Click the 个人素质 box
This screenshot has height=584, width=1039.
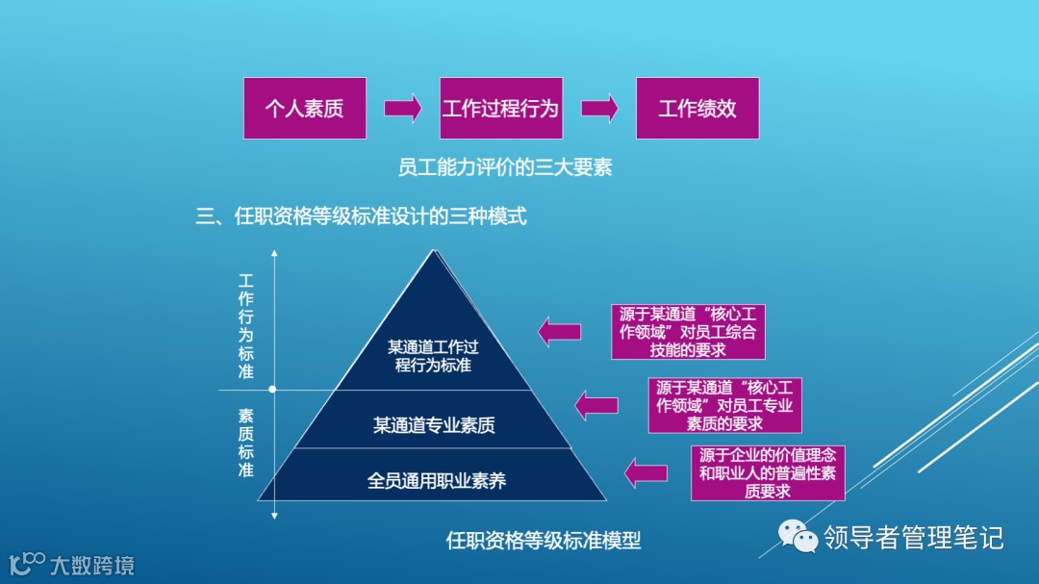[x=304, y=108]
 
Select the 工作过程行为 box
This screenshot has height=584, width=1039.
[x=500, y=108]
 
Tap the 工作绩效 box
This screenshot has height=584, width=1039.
[x=697, y=108]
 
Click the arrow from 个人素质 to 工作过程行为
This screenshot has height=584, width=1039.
[x=402, y=107]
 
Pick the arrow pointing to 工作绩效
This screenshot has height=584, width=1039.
[x=598, y=107]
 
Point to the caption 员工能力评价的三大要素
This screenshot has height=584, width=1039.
[x=505, y=167]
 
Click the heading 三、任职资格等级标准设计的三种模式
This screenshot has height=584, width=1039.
[x=362, y=216]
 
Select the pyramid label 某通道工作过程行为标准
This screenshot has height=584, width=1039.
[x=433, y=356]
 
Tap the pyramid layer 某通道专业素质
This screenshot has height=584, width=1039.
[x=434, y=424]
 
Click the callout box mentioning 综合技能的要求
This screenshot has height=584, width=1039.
[x=688, y=332]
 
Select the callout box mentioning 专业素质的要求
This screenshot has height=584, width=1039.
[x=724, y=405]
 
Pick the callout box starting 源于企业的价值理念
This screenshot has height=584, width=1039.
[x=767, y=472]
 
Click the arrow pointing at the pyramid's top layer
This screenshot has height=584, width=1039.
[x=559, y=332]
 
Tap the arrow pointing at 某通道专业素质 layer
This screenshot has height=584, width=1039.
[x=596, y=404]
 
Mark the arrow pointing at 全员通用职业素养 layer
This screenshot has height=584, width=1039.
[x=646, y=472]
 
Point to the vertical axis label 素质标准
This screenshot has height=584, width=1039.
[x=246, y=443]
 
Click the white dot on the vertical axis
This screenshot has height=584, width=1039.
[x=273, y=390]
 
